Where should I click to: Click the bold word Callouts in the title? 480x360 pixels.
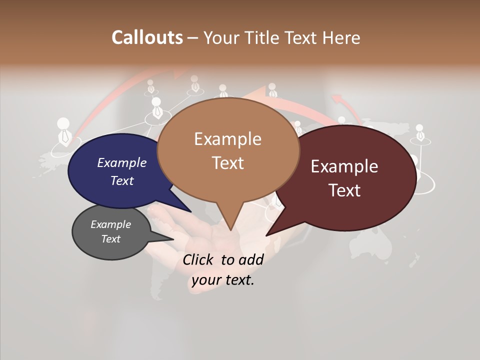(x=147, y=37)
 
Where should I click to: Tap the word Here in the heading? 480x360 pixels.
(x=341, y=37)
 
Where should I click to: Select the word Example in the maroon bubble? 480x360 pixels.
(x=344, y=166)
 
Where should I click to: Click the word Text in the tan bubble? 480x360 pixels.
(x=227, y=163)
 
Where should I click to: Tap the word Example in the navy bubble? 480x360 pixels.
(x=122, y=162)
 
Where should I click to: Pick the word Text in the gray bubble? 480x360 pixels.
(x=111, y=239)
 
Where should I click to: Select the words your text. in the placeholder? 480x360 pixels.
(x=223, y=279)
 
